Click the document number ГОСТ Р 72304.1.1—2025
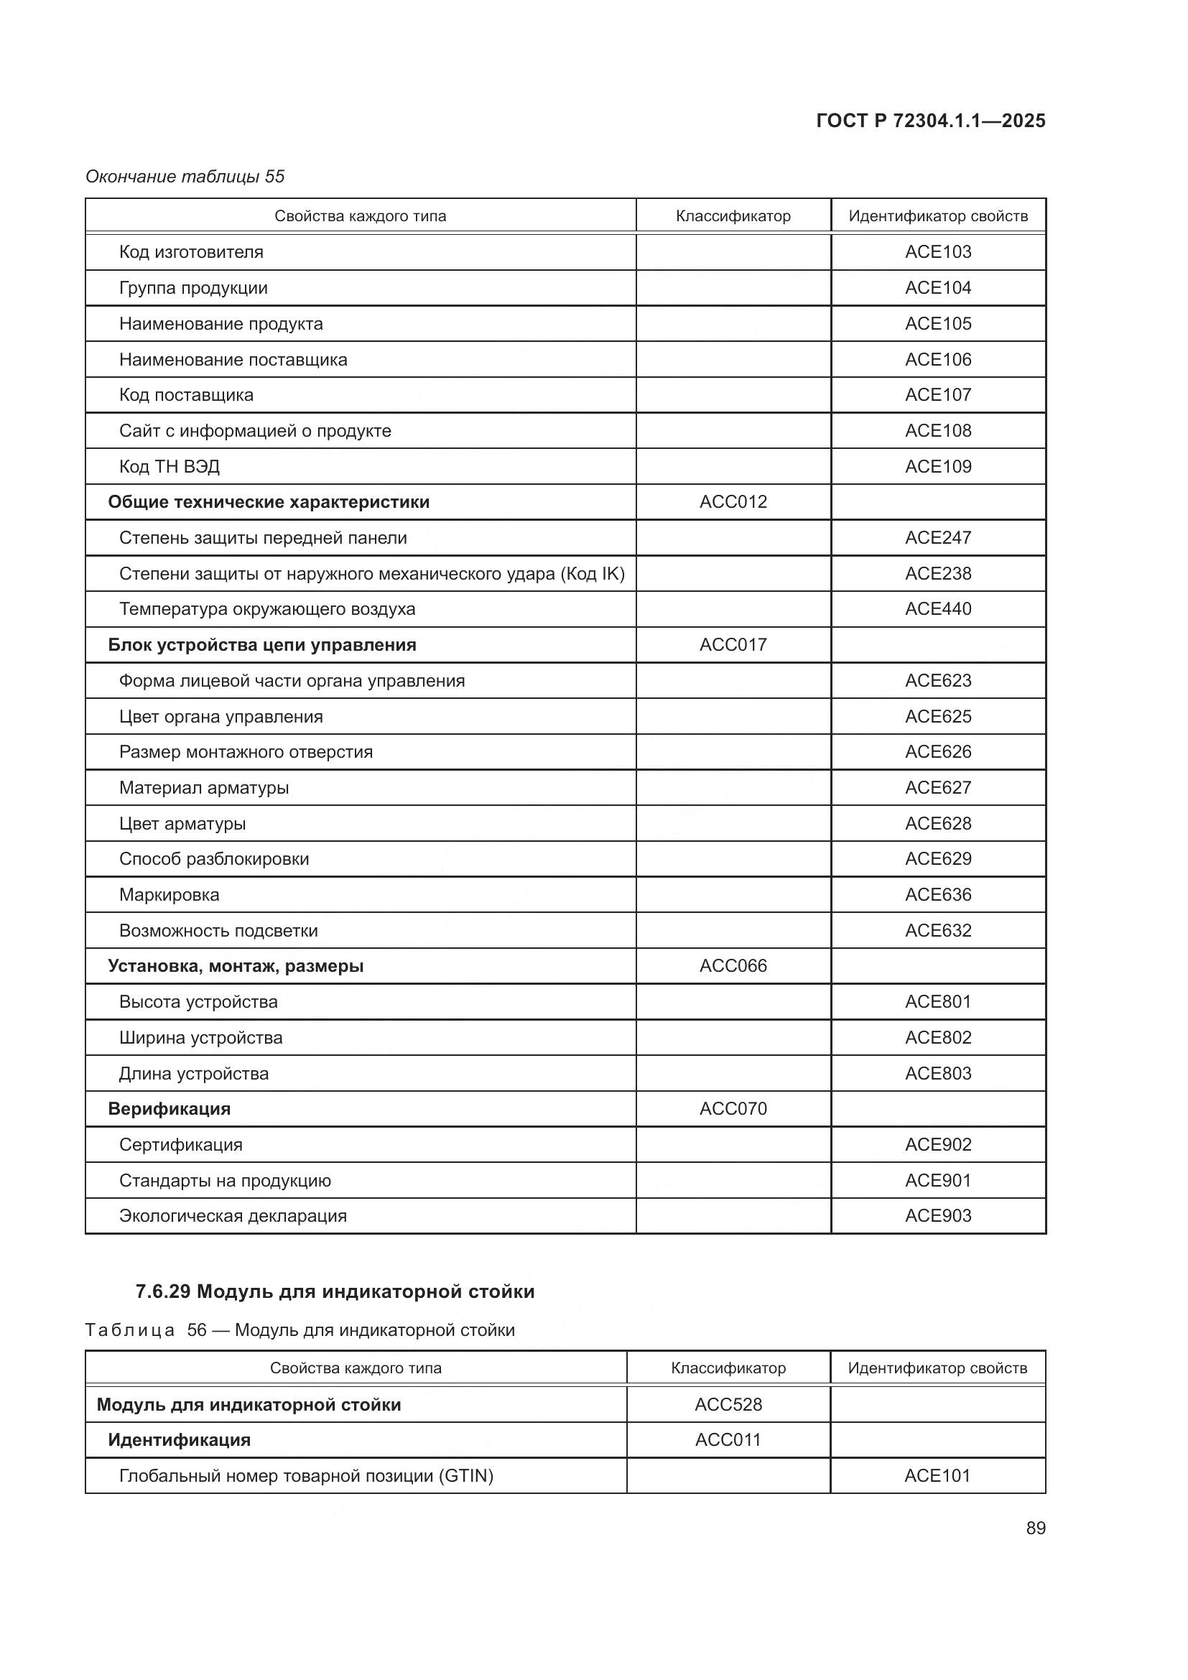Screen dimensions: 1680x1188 click(x=929, y=121)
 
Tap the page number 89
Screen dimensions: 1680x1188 click(x=1035, y=1528)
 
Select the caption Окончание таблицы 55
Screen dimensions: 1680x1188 click(x=185, y=177)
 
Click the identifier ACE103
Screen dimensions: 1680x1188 click(x=938, y=251)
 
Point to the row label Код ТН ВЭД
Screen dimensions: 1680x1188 click(x=169, y=467)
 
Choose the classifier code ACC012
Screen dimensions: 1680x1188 click(x=733, y=502)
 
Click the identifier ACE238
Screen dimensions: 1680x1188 click(x=938, y=574)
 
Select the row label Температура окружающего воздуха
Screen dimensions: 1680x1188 click(x=267, y=609)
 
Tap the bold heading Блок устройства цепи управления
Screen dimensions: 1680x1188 click(x=262, y=644)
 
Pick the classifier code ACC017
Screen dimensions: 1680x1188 click(x=733, y=644)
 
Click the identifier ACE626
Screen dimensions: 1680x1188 click(x=938, y=751)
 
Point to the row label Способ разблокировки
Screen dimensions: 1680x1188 click(x=213, y=859)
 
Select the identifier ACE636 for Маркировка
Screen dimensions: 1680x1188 click(x=938, y=894)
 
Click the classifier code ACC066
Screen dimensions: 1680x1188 click(x=733, y=966)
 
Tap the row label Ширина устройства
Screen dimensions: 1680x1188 click(x=200, y=1038)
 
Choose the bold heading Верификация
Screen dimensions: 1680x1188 click(x=169, y=1108)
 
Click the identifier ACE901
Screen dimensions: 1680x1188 click(x=938, y=1180)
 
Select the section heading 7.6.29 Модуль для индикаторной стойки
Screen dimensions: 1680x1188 click(x=335, y=1291)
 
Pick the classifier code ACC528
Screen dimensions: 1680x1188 click(x=728, y=1404)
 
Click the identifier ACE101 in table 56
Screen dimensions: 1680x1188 click(x=937, y=1475)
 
